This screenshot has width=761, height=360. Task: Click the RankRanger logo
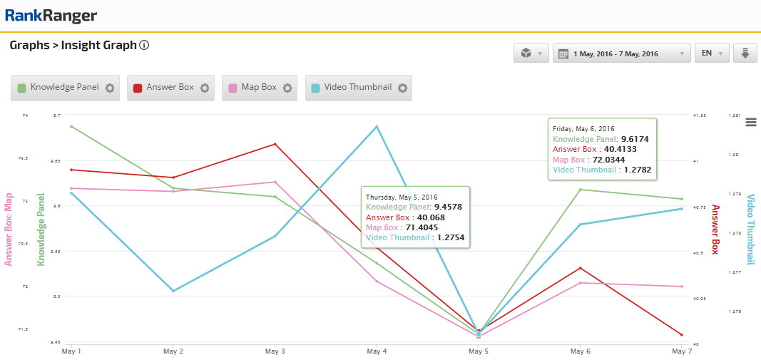click(50, 16)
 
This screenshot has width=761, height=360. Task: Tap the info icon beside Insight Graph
click(144, 46)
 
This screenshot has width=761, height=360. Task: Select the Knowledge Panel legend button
click(57, 88)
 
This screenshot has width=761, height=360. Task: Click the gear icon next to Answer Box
click(205, 88)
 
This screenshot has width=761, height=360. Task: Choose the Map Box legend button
click(252, 88)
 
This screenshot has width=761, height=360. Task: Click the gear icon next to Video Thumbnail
click(402, 88)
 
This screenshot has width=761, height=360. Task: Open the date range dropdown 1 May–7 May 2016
click(621, 53)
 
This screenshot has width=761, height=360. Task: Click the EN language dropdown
click(711, 53)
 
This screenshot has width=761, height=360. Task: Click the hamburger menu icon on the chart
click(750, 123)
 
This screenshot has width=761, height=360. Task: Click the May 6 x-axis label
click(581, 351)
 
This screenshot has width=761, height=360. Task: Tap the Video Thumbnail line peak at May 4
click(377, 127)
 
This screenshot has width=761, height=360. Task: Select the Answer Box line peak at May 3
click(275, 144)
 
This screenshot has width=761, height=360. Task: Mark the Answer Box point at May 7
click(682, 335)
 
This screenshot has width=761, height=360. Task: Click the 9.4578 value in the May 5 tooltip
click(448, 207)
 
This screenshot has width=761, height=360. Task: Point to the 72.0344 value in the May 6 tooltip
click(611, 160)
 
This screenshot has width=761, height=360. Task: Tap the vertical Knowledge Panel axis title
click(41, 230)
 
